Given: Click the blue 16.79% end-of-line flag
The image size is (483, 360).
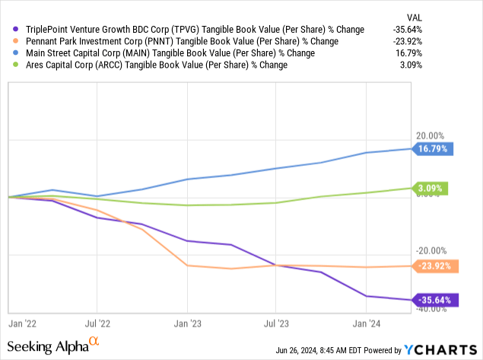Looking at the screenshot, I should [434, 149].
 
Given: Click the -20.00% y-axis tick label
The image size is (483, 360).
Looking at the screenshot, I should [431, 250].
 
